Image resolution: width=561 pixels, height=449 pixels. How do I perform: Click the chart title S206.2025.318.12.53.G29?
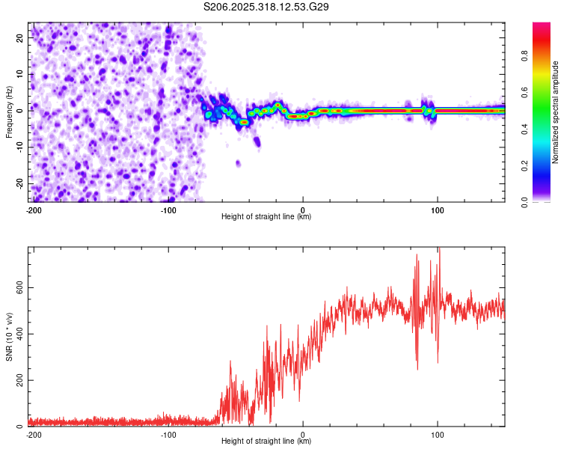coord(266,7)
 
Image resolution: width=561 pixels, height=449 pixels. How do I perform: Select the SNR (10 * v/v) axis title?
coord(9,337)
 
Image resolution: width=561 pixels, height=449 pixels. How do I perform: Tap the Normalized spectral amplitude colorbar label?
coord(555,112)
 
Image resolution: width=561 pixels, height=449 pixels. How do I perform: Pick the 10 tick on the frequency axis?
coord(20,73)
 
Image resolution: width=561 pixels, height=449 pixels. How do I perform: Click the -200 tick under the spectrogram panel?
coord(34,210)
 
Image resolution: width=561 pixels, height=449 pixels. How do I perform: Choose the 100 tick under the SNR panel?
coord(438,434)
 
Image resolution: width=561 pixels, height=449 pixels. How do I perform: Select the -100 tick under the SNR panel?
coord(168,434)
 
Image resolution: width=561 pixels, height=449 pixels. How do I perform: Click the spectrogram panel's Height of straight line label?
coord(266,217)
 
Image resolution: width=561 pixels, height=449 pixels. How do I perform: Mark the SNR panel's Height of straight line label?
coord(266,442)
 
